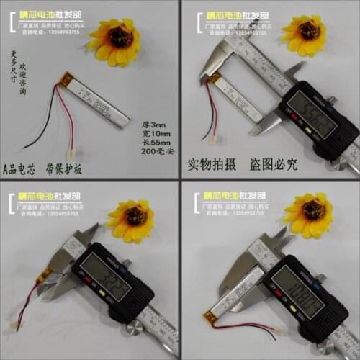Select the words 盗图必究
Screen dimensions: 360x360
pos(270,163)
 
